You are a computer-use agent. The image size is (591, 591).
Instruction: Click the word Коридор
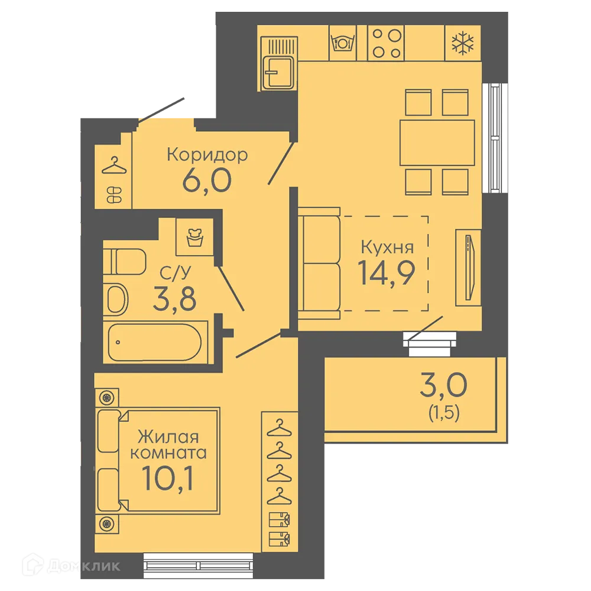[x=207, y=155]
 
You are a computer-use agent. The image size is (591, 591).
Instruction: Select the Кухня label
[x=388, y=247]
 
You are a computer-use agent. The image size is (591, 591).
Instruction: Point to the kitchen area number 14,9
[x=387, y=273]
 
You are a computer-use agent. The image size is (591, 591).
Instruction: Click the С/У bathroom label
[x=176, y=273]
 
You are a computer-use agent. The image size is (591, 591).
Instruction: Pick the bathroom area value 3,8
[x=175, y=298]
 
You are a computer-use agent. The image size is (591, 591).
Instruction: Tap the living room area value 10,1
[x=168, y=479]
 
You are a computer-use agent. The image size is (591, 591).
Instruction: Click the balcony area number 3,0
[x=444, y=385]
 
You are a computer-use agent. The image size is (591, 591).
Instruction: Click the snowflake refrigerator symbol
[x=463, y=43]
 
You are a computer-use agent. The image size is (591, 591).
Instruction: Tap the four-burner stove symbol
[x=386, y=43]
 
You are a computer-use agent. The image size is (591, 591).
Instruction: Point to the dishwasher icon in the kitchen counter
[x=343, y=43]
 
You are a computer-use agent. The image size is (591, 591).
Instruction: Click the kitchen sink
[x=278, y=63]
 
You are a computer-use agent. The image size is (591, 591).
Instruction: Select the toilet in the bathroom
[x=124, y=262]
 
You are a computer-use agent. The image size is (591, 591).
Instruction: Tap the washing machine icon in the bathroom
[x=195, y=237]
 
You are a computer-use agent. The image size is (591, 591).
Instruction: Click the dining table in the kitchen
[x=437, y=142]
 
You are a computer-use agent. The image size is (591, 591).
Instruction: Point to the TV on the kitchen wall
[x=469, y=268]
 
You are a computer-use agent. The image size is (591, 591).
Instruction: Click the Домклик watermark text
[x=85, y=566]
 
